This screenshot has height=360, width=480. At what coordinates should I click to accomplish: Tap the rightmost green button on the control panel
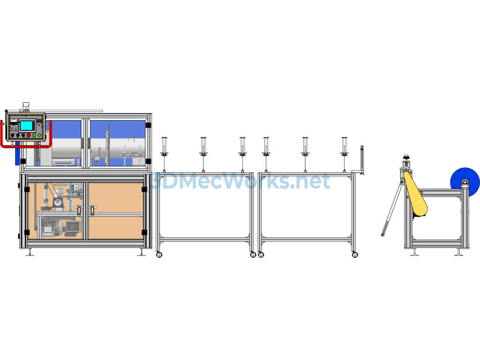coord(39,135)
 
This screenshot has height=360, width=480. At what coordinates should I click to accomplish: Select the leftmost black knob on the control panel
coord(13,135)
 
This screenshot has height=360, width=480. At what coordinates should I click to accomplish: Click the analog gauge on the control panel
coord(13,120)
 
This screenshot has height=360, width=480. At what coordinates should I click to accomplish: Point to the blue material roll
coord(465,183)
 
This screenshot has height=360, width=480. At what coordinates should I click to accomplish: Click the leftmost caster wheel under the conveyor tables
coord(159,255)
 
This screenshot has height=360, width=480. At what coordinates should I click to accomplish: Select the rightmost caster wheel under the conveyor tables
coord(355,255)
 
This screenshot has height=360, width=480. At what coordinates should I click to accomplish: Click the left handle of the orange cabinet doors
coord(79,210)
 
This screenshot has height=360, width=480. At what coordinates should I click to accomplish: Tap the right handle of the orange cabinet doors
coord(92,210)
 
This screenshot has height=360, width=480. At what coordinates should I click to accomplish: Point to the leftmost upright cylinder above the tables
coord(164,146)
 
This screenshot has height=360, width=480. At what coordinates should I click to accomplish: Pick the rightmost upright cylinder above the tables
coord(344,146)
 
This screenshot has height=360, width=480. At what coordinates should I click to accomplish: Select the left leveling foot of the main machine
coord(30,252)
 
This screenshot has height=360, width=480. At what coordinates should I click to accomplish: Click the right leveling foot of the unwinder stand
coord(458,252)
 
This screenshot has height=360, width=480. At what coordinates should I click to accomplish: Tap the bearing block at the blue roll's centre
coord(465,183)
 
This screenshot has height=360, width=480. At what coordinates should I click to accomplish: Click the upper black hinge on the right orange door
coord(144,189)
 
